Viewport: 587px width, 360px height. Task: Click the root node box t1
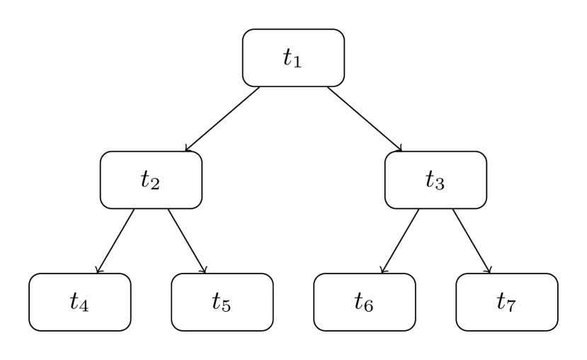293,58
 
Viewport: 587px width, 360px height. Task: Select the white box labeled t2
151,180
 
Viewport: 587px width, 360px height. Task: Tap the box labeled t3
435,180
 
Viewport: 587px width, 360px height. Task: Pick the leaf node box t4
80,302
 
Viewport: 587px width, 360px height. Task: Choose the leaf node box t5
222,302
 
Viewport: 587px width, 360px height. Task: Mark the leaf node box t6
365,302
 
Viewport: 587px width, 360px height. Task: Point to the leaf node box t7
507,302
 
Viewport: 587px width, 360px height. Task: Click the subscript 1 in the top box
298,64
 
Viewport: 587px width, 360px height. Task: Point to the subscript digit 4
85,308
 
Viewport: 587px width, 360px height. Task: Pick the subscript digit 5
227,308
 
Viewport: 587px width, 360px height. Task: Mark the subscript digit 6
370,308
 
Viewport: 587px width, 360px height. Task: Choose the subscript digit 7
512,308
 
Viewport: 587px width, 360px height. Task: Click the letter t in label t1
288,57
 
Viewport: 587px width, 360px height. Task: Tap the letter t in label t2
146,179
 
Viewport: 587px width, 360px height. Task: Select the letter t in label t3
431,179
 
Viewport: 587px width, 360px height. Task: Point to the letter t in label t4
74,301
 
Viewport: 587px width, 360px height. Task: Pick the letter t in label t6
359,301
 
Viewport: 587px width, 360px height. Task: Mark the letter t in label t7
501,301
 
